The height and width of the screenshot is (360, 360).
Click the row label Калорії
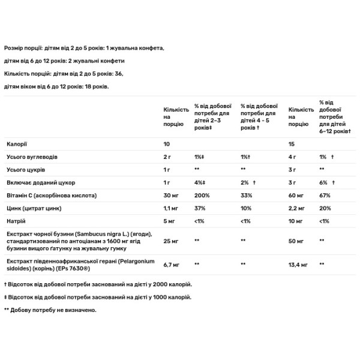(16, 145)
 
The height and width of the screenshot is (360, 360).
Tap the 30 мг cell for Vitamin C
(171, 196)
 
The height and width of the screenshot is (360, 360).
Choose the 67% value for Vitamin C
(325, 196)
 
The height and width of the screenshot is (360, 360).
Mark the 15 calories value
(292, 145)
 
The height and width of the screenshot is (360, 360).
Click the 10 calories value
(167, 145)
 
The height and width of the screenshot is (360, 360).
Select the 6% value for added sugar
(323, 182)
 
